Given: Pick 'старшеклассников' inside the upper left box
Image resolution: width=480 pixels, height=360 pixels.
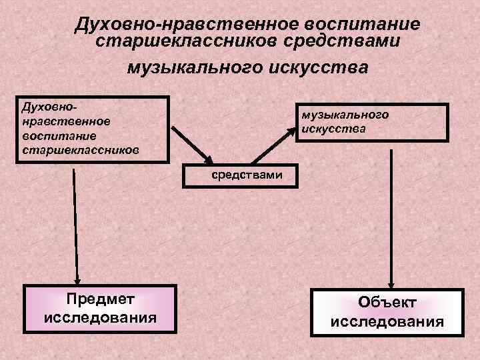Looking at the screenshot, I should click(x=80, y=151).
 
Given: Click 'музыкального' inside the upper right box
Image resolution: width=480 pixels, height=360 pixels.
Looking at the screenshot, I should click(x=345, y=114).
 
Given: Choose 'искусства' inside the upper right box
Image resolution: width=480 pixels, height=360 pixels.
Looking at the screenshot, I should click(x=333, y=128).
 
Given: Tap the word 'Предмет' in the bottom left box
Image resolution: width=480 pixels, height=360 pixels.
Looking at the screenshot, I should click(x=100, y=298).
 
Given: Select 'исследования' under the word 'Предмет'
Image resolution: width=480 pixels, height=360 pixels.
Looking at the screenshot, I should click(x=100, y=317).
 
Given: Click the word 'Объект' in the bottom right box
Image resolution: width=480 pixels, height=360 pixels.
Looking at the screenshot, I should click(x=387, y=303).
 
